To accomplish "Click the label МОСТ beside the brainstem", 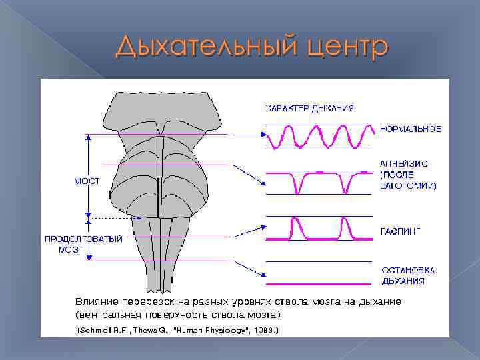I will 87,181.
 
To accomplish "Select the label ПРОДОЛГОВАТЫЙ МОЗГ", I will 83,243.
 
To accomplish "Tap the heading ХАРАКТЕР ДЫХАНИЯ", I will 310,108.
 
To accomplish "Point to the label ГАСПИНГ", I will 401,231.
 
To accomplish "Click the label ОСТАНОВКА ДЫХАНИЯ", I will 408,275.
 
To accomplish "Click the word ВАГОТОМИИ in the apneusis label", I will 407,185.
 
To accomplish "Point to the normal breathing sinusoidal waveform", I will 318,137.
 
